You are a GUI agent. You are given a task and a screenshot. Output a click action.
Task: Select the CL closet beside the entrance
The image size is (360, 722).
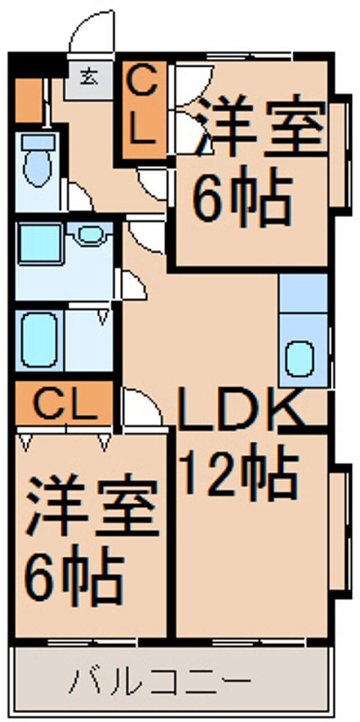143,111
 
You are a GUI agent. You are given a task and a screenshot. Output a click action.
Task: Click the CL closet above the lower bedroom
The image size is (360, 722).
63,403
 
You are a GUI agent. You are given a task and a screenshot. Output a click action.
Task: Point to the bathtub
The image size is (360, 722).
38,341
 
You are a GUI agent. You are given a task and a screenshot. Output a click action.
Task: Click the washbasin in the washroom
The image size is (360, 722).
89,234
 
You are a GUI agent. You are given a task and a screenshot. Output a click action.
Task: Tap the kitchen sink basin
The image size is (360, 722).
300,359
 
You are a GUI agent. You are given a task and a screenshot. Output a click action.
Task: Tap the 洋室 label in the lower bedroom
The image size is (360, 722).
90,507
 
